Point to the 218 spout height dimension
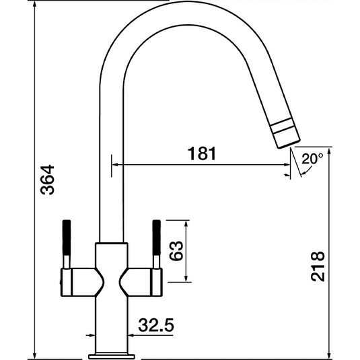(318, 267)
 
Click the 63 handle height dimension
(177, 251)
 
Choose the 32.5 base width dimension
(156, 326)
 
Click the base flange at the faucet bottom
(111, 353)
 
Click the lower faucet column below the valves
(111, 323)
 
